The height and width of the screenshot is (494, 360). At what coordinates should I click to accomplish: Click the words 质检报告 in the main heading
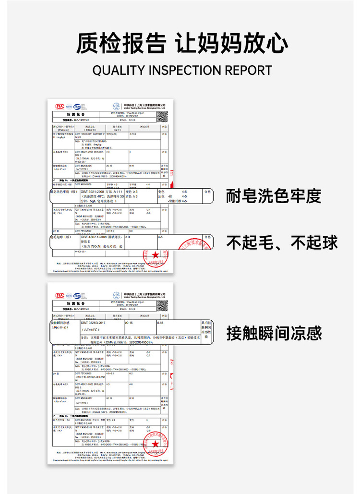(121, 43)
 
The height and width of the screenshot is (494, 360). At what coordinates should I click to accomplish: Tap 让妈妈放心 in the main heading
(231, 43)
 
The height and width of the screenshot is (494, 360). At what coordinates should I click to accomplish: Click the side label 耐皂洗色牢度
(273, 196)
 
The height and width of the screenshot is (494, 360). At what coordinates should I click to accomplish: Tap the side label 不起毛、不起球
(282, 242)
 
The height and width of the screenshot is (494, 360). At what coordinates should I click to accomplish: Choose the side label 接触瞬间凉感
(274, 333)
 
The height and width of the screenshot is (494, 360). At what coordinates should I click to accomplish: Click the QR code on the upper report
(163, 116)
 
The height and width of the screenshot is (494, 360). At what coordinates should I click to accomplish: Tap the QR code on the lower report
(163, 306)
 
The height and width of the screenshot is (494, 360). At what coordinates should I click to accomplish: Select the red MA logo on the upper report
(60, 106)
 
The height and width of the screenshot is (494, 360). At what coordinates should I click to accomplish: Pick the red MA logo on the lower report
(60, 296)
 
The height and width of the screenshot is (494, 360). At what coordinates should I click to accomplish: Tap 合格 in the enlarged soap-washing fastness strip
(207, 191)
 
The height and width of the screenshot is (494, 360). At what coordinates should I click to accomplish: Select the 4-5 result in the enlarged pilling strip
(160, 237)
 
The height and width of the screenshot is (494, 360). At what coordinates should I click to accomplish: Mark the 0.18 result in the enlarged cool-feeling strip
(160, 323)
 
